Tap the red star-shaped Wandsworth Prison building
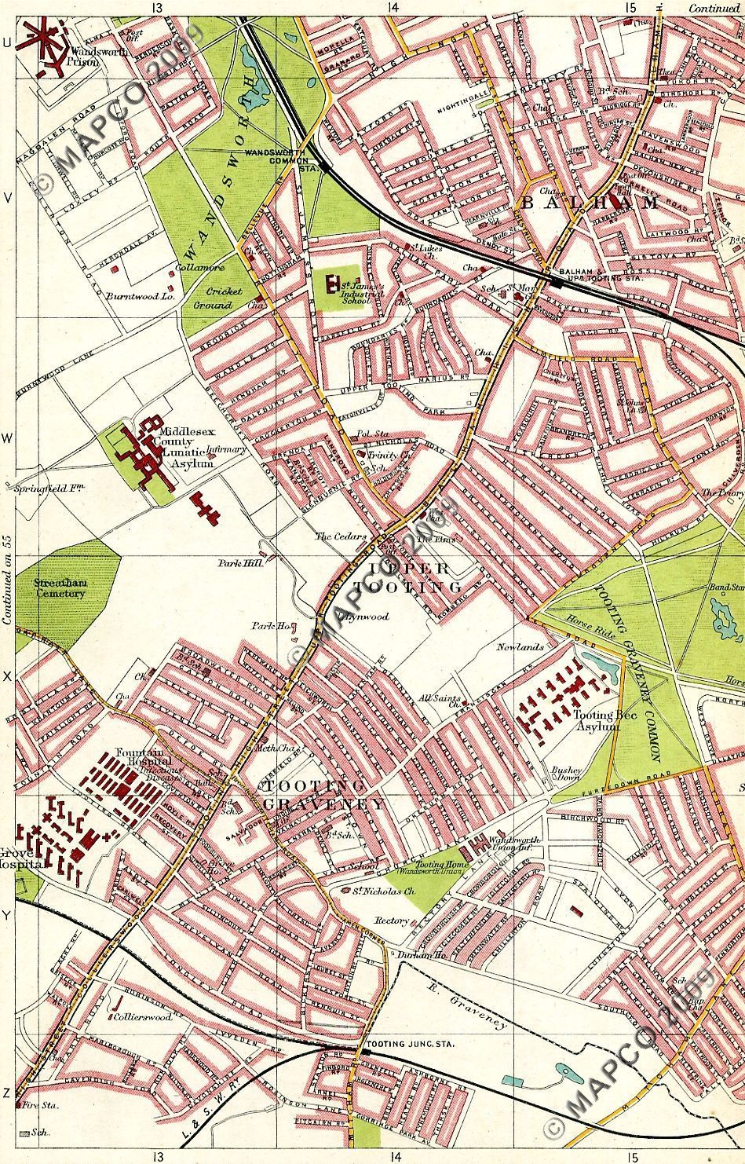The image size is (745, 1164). click(43, 40)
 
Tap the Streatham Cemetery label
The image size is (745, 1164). click(59, 588)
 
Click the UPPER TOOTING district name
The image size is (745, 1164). click(407, 577)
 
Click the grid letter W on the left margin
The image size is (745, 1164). click(7, 438)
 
